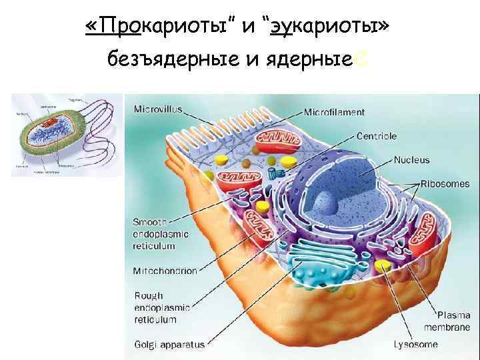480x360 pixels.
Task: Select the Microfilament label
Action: click(335, 112)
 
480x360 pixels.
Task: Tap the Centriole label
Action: click(376, 136)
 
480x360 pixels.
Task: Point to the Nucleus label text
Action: click(411, 160)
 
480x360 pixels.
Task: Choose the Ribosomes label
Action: click(445, 183)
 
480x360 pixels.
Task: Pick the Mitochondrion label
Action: click(165, 271)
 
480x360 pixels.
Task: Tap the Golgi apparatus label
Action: click(169, 345)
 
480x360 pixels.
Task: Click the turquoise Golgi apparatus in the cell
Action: click(313, 263)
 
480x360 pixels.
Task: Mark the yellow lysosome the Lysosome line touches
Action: click(382, 267)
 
